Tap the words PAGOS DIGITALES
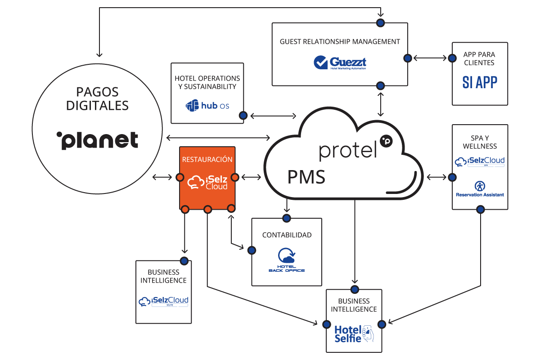pyautogui.click(x=97, y=99)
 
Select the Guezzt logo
pyautogui.click(x=340, y=63)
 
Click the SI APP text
pyautogui.click(x=480, y=82)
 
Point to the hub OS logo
pyautogui.click(x=207, y=106)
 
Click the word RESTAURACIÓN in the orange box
pyautogui.click(x=207, y=159)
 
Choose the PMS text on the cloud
pyautogui.click(x=306, y=177)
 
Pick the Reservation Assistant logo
pyautogui.click(x=480, y=189)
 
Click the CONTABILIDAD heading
pyautogui.click(x=287, y=235)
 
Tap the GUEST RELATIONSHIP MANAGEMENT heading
pyautogui.click(x=340, y=41)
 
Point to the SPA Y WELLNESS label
pyautogui.click(x=480, y=142)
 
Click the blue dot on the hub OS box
pyautogui.click(x=243, y=116)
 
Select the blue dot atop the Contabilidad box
pyautogui.click(x=286, y=218)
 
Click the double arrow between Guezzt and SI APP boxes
pyautogui.click(x=430, y=58)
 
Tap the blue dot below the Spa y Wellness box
pyautogui.click(x=480, y=209)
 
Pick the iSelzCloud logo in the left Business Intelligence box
pyautogui.click(x=163, y=301)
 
